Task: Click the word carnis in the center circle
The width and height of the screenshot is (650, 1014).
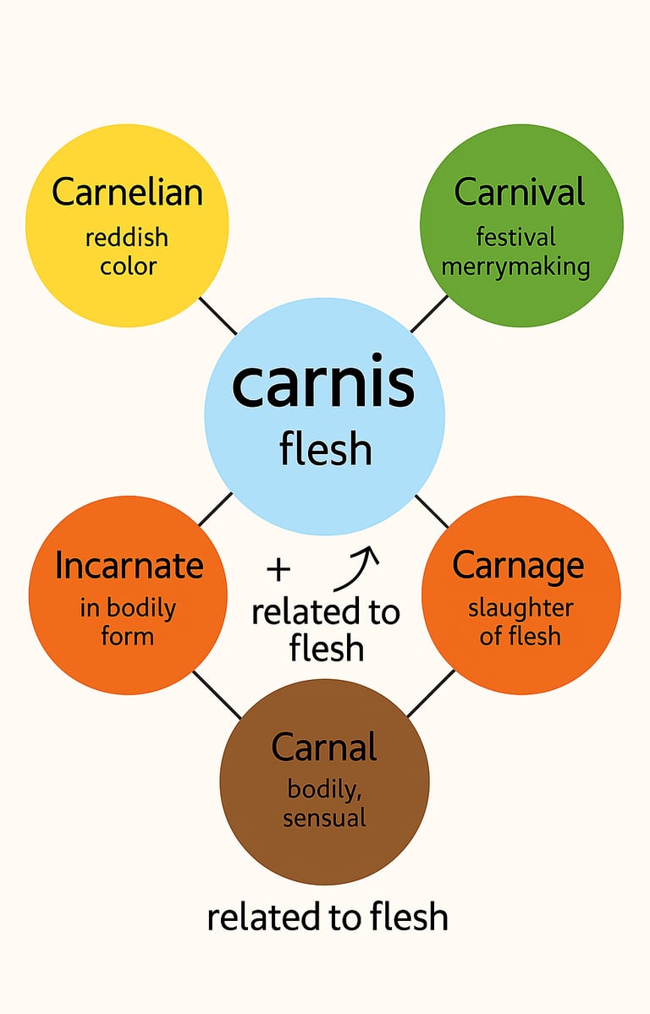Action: [x=323, y=384]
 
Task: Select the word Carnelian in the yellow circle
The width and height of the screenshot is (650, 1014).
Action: [x=127, y=192]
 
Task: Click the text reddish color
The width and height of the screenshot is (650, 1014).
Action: [x=127, y=252]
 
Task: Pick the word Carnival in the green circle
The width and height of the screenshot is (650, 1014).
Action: [x=520, y=192]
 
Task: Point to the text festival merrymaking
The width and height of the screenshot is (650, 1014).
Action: [x=515, y=252]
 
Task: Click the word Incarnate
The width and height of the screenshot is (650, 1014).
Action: [x=129, y=566]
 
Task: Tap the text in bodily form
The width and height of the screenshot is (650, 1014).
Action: [x=128, y=622]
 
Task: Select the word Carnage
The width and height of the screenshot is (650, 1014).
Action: [x=518, y=565]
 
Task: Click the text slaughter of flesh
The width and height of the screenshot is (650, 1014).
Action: [x=521, y=622]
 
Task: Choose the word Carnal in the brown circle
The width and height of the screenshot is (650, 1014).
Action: [x=324, y=748]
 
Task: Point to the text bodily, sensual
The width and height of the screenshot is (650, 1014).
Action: [x=325, y=803]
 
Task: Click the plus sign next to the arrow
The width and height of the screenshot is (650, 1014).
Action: [x=278, y=570]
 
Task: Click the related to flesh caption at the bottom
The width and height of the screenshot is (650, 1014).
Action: [x=327, y=917]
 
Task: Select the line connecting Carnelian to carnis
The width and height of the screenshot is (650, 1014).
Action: [x=218, y=315]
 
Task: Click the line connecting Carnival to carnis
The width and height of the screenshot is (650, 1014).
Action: [x=430, y=314]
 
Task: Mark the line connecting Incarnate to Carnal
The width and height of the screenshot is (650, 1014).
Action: [x=217, y=694]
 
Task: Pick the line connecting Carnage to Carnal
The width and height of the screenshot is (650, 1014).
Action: [x=431, y=693]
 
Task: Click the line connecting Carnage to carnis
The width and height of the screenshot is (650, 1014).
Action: [x=432, y=511]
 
